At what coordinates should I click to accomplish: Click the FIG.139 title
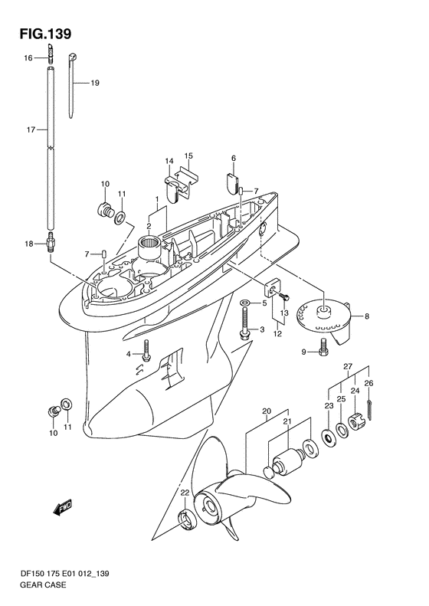click(x=46, y=34)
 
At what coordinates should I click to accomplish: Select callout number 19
click(x=95, y=83)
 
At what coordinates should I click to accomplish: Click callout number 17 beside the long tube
click(x=31, y=130)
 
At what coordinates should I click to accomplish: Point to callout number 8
click(x=367, y=316)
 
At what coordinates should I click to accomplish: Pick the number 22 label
click(x=185, y=493)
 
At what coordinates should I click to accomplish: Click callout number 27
click(x=348, y=366)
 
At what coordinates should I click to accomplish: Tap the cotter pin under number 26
click(x=370, y=409)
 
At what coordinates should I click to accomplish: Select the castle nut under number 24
click(x=355, y=421)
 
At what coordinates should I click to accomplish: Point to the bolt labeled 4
click(x=146, y=351)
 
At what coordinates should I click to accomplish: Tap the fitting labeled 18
click(x=51, y=242)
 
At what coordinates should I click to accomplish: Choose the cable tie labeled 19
click(x=72, y=85)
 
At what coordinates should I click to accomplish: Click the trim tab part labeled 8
click(x=326, y=322)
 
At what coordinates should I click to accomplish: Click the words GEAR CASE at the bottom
click(x=43, y=585)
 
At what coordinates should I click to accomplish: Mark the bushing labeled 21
click(x=287, y=460)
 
